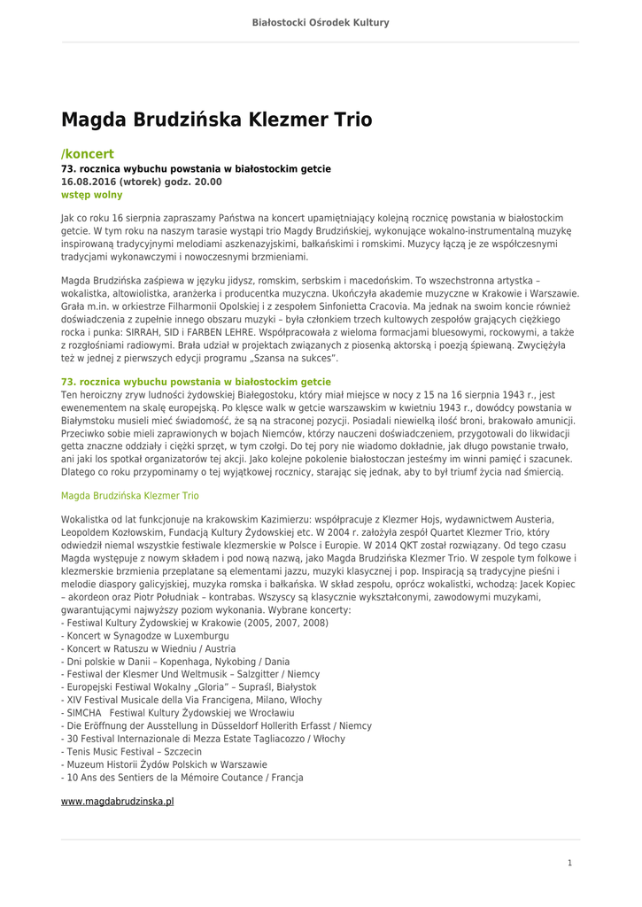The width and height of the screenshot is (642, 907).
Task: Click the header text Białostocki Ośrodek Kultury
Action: (x=321, y=22)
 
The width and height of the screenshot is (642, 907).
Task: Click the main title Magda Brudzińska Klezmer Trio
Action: (x=216, y=120)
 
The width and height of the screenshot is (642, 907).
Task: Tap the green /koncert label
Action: (x=87, y=154)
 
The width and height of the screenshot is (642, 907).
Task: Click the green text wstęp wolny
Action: (x=91, y=195)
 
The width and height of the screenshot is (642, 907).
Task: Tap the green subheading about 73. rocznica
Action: (x=196, y=382)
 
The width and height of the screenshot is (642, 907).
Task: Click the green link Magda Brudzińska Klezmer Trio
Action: (x=129, y=496)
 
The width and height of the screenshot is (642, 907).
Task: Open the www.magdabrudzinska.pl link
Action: (x=117, y=801)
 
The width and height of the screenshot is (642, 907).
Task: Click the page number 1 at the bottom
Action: (x=569, y=863)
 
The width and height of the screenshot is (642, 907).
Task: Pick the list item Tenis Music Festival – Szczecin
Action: (x=131, y=751)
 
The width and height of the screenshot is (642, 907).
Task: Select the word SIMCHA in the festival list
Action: (x=84, y=713)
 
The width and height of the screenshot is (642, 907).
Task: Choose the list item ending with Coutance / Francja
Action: (x=182, y=778)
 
